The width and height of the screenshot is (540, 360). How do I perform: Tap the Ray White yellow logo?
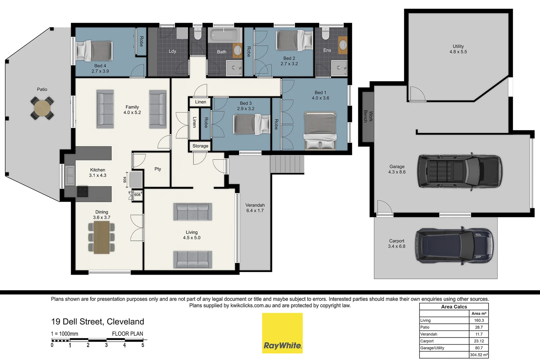tap(282, 333)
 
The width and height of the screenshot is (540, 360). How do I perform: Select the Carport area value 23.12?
tap(479, 341)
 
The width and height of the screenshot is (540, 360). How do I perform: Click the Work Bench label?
tap(368, 116)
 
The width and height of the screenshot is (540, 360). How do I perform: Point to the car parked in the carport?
tap(454, 246)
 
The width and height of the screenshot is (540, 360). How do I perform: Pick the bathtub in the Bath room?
tap(224, 35)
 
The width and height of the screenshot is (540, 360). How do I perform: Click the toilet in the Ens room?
tap(326, 33)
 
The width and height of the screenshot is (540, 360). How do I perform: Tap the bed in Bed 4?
tap(94, 51)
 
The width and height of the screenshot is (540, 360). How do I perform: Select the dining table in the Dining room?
tap(102, 237)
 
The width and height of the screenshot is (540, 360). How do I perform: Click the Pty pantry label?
tap(158, 169)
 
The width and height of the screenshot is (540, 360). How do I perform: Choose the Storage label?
tap(200, 146)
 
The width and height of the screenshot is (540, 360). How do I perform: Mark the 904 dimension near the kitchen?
tap(125, 180)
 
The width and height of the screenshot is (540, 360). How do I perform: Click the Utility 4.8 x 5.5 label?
tap(458, 49)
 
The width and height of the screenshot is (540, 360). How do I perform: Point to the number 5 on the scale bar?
tap(143, 345)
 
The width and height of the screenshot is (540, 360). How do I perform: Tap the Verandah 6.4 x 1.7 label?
tap(255, 208)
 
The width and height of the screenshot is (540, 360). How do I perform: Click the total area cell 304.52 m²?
tap(479, 355)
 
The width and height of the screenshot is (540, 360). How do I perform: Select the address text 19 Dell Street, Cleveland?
tap(97, 322)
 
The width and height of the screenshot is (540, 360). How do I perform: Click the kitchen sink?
tap(70, 176)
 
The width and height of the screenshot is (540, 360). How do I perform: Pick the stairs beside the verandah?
tap(287, 164)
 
